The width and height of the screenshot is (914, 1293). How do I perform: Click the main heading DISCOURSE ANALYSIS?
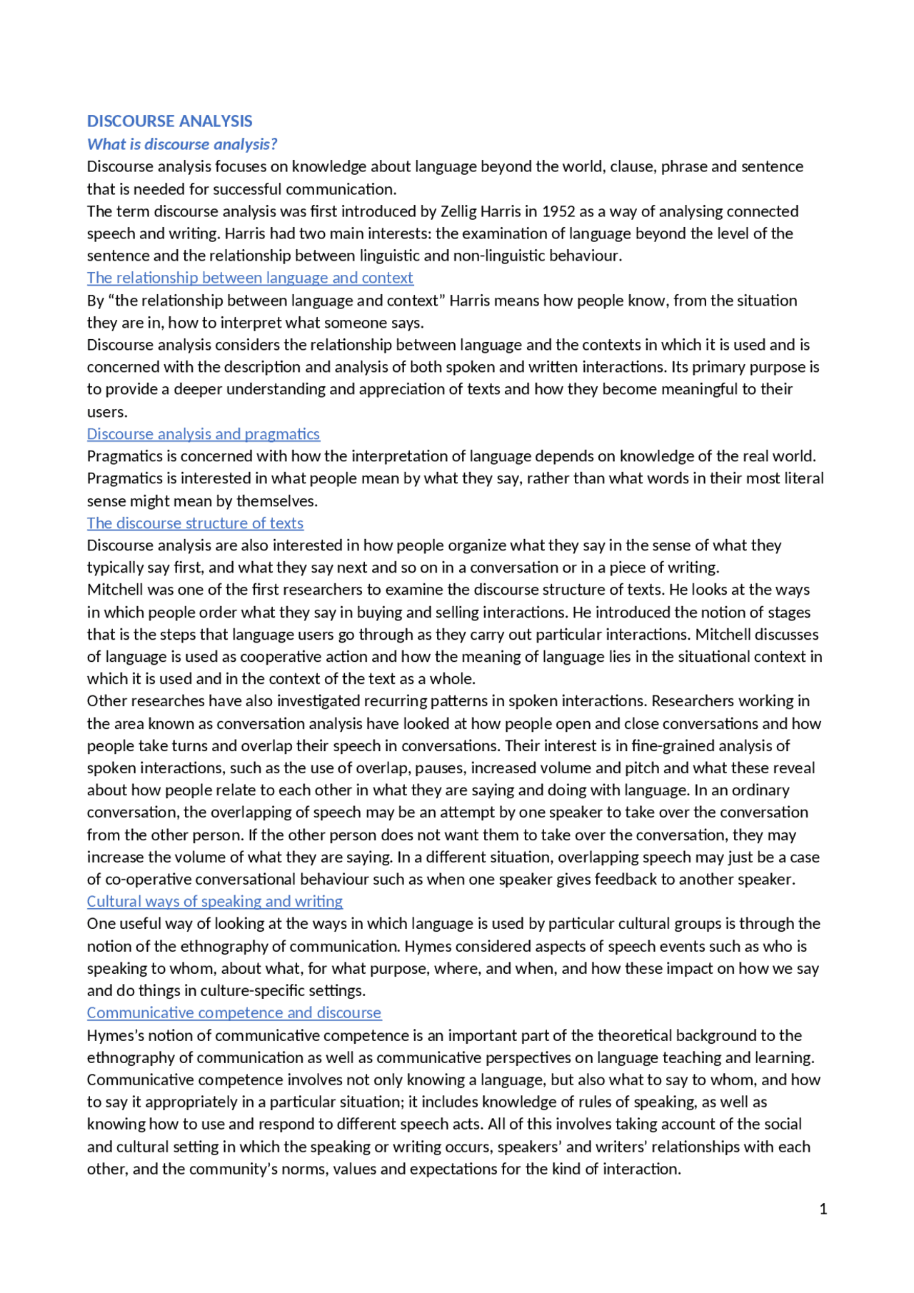(169, 121)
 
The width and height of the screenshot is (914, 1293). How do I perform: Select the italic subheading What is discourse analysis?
(182, 144)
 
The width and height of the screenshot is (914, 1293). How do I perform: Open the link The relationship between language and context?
(250, 278)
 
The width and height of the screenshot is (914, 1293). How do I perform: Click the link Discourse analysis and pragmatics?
(204, 434)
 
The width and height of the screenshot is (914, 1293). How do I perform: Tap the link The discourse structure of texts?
(195, 523)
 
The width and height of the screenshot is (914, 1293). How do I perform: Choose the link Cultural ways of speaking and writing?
(215, 902)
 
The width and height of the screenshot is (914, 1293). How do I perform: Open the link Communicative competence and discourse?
(234, 1013)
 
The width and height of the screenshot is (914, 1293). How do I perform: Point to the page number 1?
(823, 1209)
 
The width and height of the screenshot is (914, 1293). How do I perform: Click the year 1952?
(558, 211)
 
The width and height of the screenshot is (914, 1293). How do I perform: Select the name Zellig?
(458, 211)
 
